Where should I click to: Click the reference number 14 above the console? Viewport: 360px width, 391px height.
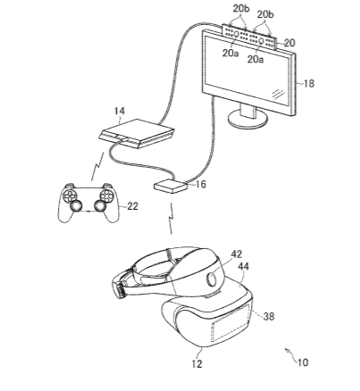120,112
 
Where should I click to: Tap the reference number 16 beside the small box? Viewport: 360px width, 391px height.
201,184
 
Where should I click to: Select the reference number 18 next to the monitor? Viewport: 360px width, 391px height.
309,84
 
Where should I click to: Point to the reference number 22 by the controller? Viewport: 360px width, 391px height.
133,206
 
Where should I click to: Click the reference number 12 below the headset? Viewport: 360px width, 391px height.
197,363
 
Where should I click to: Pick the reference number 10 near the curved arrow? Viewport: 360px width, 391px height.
303,362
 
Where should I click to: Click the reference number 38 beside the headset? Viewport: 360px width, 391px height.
269,316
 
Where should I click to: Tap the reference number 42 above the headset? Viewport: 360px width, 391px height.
237,254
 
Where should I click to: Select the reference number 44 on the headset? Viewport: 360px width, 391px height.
243,266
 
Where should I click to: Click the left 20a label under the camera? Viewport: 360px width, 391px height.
230,54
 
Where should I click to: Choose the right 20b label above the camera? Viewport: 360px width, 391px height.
265,14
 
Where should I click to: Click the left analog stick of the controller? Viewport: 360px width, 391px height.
76,205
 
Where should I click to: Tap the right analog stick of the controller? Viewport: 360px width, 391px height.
100,205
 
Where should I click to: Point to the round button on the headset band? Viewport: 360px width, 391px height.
212,279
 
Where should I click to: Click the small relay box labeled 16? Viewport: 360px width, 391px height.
171,187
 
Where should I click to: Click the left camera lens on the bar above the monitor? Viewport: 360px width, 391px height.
237,34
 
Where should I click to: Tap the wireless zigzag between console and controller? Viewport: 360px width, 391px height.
97,166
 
